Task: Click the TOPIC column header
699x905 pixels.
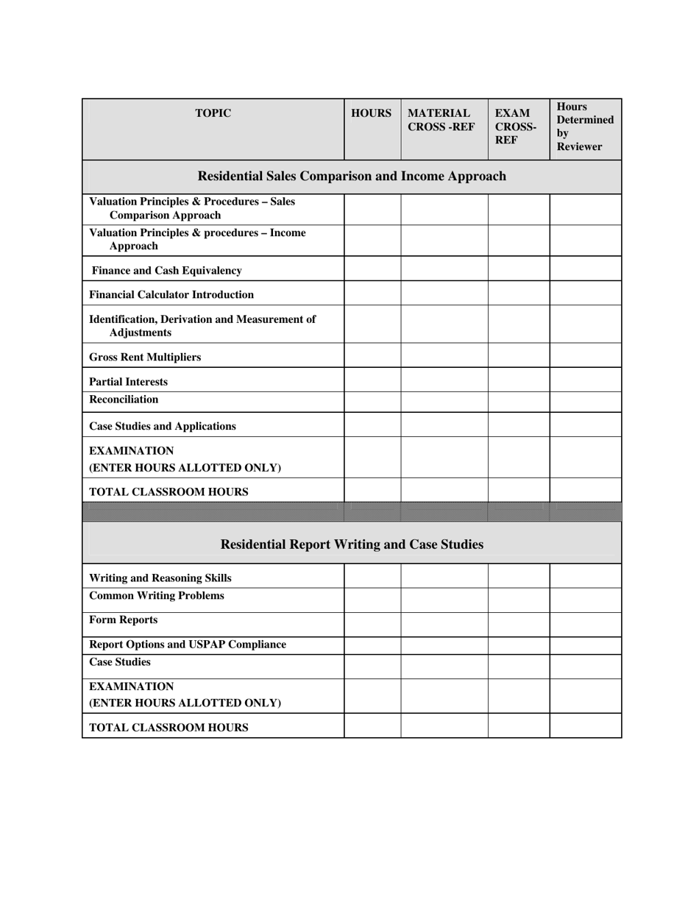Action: pyautogui.click(x=213, y=113)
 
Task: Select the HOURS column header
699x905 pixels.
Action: pyautogui.click(x=372, y=113)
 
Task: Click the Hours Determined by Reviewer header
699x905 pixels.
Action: pyautogui.click(x=584, y=127)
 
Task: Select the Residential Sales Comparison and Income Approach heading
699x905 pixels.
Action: pyautogui.click(x=352, y=177)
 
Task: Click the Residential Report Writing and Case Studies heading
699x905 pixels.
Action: pyautogui.click(x=352, y=544)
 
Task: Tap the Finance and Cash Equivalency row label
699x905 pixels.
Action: pyautogui.click(x=166, y=271)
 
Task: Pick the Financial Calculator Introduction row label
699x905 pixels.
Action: pyautogui.click(x=171, y=294)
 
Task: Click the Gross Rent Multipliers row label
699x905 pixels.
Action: pyautogui.click(x=145, y=357)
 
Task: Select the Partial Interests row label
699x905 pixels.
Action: pyautogui.click(x=128, y=382)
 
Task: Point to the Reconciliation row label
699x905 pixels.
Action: pyautogui.click(x=124, y=400)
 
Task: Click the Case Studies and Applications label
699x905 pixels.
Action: pyautogui.click(x=163, y=426)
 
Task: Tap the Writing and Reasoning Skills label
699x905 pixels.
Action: pyautogui.click(x=160, y=578)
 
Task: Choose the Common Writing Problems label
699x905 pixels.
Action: pyautogui.click(x=157, y=595)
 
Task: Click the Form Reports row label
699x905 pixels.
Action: pyautogui.click(x=123, y=620)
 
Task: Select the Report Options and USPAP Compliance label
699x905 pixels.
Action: pyautogui.click(x=188, y=645)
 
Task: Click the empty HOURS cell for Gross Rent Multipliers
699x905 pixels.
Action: pyautogui.click(x=372, y=356)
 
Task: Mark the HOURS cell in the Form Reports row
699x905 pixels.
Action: pyautogui.click(x=372, y=624)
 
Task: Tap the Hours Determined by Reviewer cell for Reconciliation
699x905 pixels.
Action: pyautogui.click(x=585, y=402)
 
